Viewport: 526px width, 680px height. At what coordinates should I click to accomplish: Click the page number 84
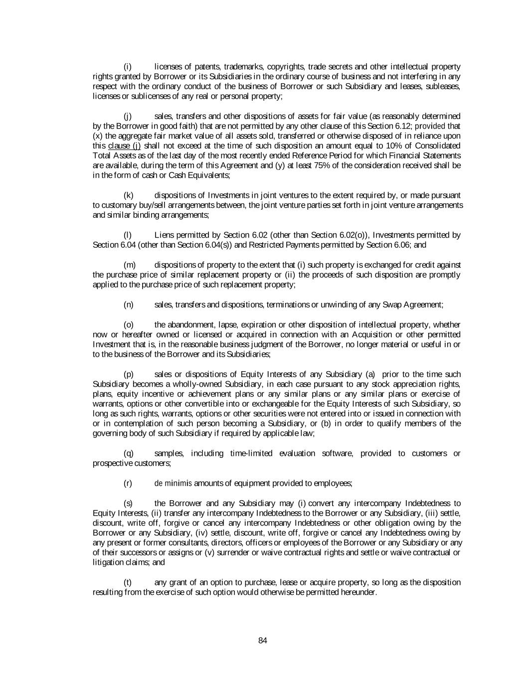pos(263,641)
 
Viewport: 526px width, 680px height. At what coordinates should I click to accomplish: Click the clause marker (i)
pos(128,67)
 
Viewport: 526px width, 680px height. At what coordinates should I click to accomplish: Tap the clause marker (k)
pos(128,195)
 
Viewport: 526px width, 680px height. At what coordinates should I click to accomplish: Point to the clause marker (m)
pos(129,265)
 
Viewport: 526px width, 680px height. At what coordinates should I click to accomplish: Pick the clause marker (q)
pos(128,453)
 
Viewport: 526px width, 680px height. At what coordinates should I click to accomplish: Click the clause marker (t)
pos(128,582)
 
